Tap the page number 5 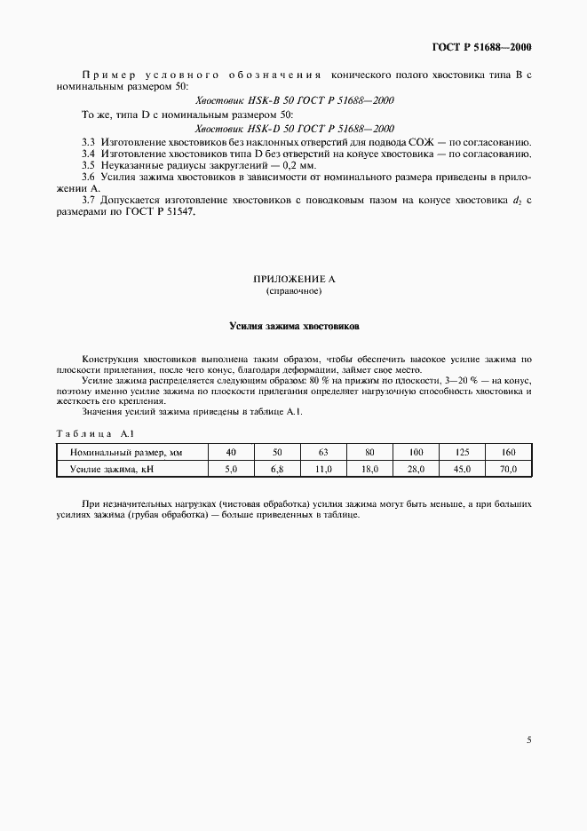[x=528, y=739]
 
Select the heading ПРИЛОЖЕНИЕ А [x=294, y=280]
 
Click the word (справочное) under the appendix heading [x=294, y=291]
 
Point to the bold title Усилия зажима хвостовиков [x=294, y=327]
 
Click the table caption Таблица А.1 [x=94, y=433]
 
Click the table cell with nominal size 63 [x=323, y=453]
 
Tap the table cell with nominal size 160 [x=509, y=453]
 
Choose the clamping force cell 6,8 [x=277, y=469]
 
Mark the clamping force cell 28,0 [x=416, y=469]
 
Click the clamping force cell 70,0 [x=509, y=469]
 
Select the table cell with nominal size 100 [x=416, y=453]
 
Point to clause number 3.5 [x=88, y=166]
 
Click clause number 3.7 [x=88, y=202]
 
